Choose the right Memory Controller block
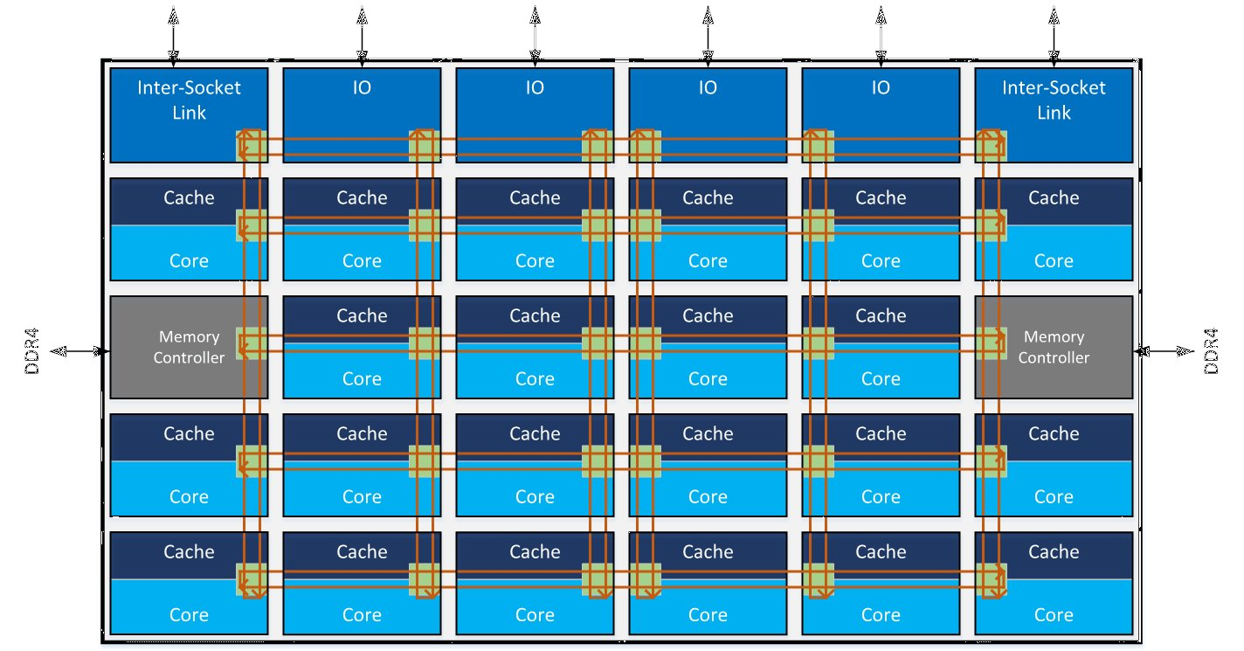[1054, 347]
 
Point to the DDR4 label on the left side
[32, 351]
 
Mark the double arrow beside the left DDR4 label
[79, 351]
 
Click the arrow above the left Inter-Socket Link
[173, 35]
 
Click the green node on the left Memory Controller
[252, 343]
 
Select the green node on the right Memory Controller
[991, 343]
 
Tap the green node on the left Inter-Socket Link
[252, 145]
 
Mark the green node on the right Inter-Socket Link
[991, 145]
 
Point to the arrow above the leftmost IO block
[362, 35]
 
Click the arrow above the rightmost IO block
[881, 35]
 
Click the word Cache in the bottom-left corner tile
[189, 552]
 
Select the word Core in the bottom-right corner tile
[1054, 615]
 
